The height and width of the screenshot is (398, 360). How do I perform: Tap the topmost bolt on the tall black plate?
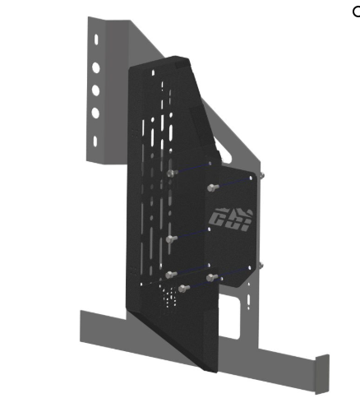coord(171,173)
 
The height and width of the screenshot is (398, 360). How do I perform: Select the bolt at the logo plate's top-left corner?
coord(213,187)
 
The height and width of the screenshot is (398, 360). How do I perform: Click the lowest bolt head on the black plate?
coord(183,288)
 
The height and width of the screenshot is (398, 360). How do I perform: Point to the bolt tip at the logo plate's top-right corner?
coord(261,174)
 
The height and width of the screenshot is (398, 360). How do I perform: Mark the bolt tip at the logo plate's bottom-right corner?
coord(261,265)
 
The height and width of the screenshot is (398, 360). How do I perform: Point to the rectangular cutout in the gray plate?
coord(244,306)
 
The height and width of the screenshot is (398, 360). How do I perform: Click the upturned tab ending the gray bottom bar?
coord(321,374)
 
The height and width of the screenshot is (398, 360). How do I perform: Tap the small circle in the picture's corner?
coord(356,12)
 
